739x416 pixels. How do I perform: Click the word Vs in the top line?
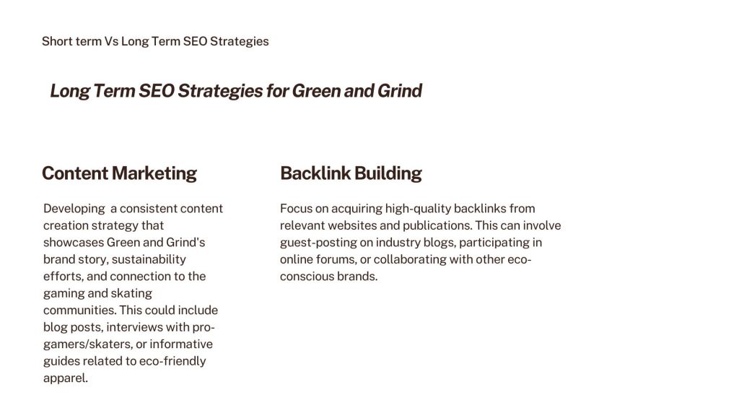(111, 41)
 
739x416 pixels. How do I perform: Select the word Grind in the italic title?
(400, 90)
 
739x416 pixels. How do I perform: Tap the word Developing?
(74, 209)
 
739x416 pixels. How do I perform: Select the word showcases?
(74, 243)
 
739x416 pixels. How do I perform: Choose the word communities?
(79, 311)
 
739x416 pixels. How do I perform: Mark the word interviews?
(135, 327)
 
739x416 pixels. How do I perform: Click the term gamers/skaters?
(87, 344)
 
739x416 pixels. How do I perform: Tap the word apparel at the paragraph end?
(66, 378)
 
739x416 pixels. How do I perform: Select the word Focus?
(294, 209)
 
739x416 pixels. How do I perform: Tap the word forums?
(336, 259)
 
